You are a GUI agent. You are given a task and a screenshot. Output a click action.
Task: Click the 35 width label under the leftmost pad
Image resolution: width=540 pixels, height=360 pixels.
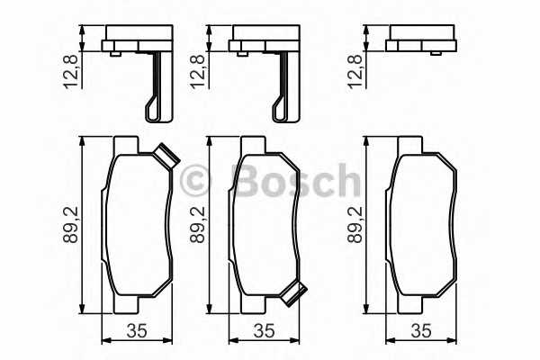pos(137,330)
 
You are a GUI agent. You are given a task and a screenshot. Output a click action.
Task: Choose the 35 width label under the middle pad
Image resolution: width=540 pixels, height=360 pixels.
pos(263,330)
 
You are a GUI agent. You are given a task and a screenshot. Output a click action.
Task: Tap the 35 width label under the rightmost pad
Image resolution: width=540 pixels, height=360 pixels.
pos(420,330)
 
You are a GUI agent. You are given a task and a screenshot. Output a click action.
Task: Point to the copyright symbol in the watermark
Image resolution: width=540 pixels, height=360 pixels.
pos(194,181)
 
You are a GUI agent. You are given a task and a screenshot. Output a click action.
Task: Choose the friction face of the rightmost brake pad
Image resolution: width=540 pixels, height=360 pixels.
pos(419,225)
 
